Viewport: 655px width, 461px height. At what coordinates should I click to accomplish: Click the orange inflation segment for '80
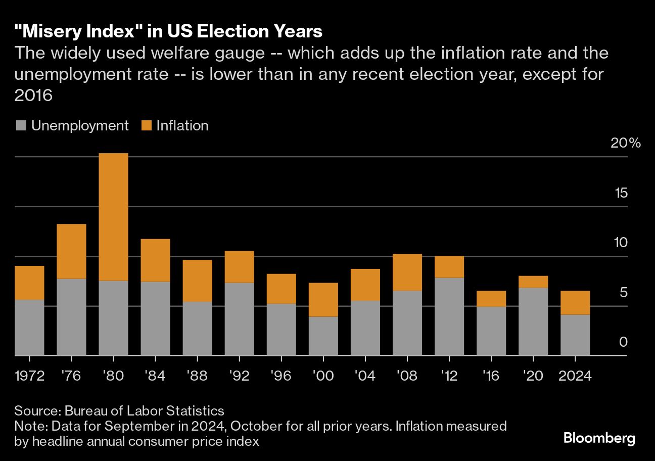113,217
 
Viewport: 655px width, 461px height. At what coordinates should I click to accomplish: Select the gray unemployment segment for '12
449,316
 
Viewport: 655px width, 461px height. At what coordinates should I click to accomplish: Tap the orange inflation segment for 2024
575,303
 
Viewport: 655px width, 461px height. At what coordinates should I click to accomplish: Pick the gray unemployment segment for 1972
29,328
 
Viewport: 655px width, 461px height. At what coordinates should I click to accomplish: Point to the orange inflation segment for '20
533,282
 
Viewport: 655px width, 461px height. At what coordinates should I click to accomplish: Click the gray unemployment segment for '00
323,336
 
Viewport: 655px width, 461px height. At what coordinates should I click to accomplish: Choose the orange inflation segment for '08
407,272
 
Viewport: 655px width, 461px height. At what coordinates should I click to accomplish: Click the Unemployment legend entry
72,126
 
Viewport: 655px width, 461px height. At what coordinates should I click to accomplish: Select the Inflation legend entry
175,126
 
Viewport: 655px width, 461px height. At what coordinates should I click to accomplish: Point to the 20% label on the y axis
625,143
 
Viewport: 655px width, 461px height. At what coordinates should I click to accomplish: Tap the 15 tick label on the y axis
619,193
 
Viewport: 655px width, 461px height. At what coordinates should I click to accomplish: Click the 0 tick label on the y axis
623,342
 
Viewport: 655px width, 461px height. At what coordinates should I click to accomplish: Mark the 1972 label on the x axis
29,377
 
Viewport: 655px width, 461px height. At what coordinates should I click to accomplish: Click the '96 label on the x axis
281,377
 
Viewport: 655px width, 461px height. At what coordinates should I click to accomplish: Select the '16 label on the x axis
491,377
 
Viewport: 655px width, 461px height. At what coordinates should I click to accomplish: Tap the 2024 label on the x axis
575,377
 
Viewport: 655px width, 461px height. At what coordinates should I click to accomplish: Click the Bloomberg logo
599,438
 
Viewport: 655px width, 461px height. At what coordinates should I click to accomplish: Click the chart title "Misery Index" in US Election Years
168,31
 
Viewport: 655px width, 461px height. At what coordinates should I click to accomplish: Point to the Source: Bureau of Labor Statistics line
119,410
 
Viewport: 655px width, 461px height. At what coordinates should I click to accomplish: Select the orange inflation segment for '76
71,251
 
